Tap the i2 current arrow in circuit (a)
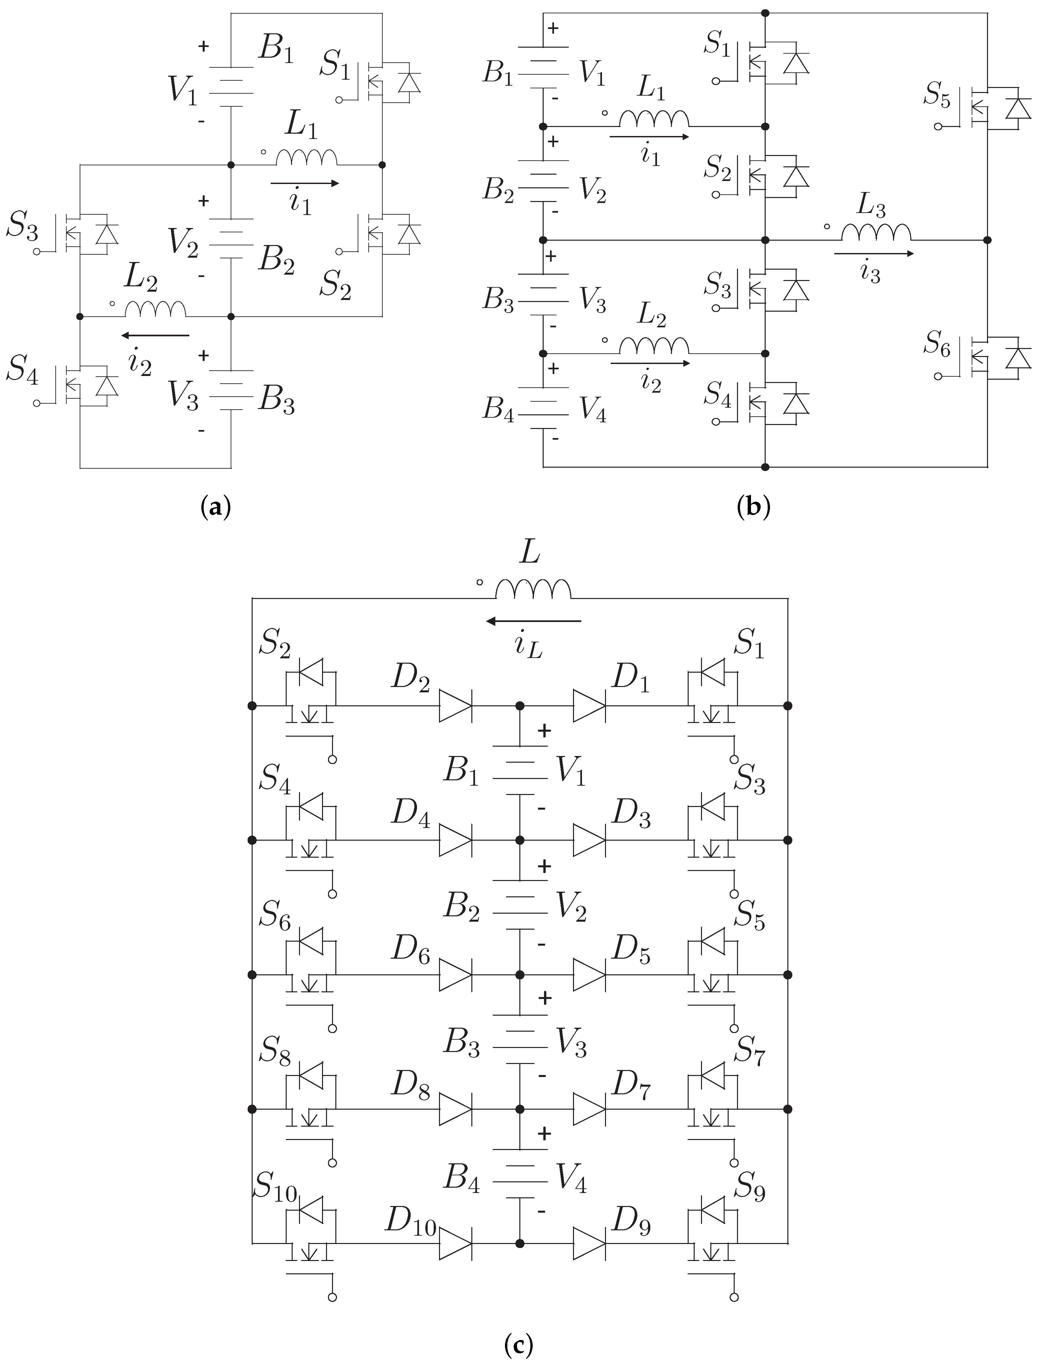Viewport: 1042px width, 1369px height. [155, 336]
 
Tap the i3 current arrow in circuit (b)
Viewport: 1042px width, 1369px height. [873, 253]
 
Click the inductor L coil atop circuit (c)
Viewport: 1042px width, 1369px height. [533, 589]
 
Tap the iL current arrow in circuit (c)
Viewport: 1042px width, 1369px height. [533, 620]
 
